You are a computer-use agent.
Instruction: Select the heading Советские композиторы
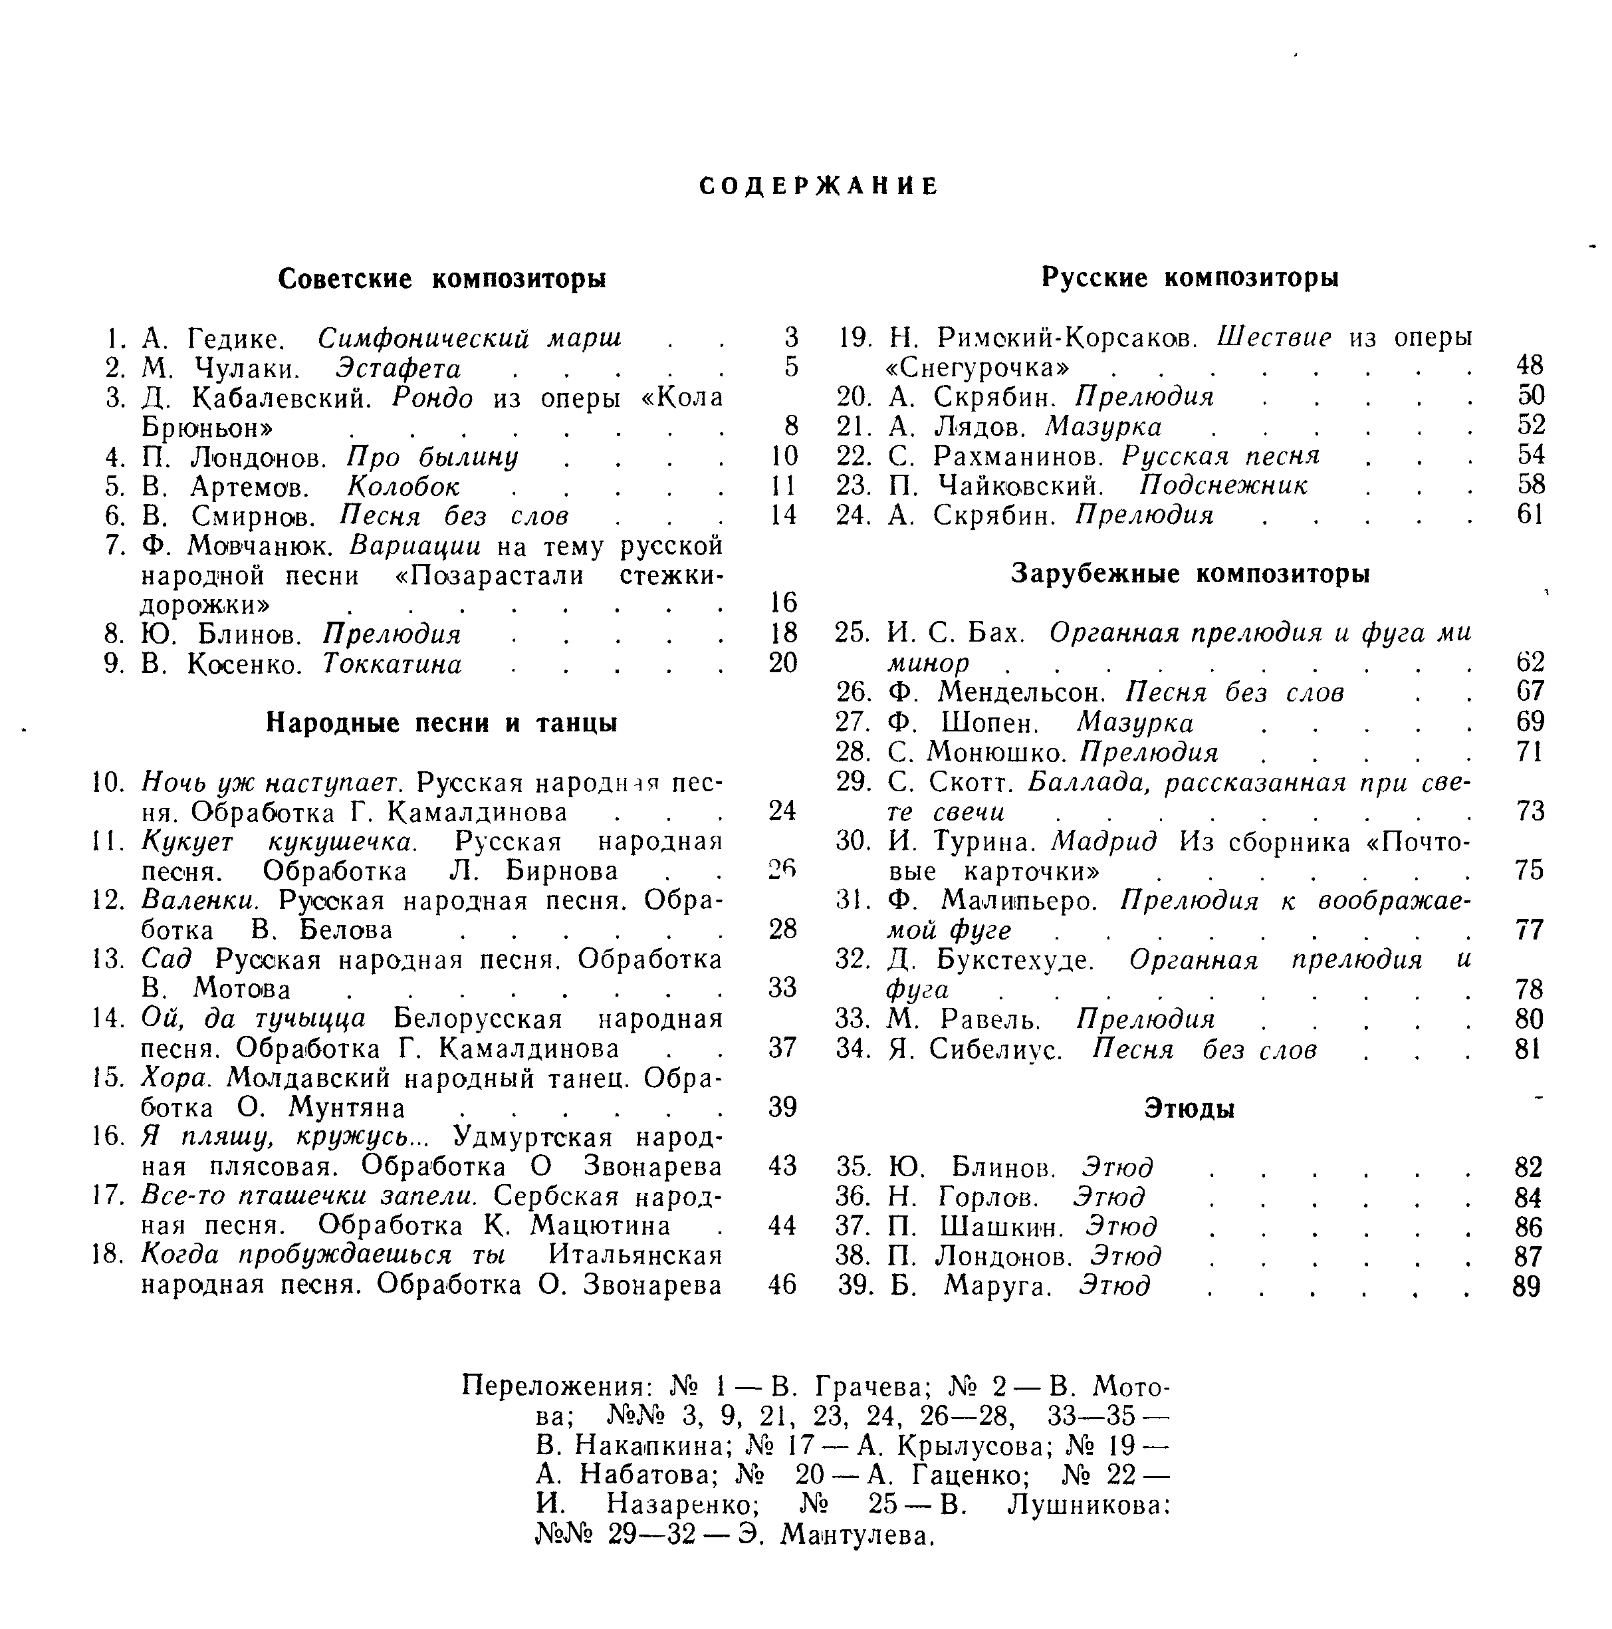pyautogui.click(x=442, y=278)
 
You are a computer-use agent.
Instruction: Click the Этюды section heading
pyautogui.click(x=1189, y=1109)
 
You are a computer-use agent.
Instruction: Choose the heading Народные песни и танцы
pyautogui.click(x=442, y=723)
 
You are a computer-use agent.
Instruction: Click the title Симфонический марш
pyautogui.click(x=469, y=338)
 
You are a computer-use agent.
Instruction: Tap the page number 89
pyautogui.click(x=1527, y=1287)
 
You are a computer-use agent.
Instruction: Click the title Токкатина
pyautogui.click(x=392, y=664)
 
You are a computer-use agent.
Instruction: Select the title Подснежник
pyautogui.click(x=1223, y=485)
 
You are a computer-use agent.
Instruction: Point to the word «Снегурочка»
pyautogui.click(x=978, y=368)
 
